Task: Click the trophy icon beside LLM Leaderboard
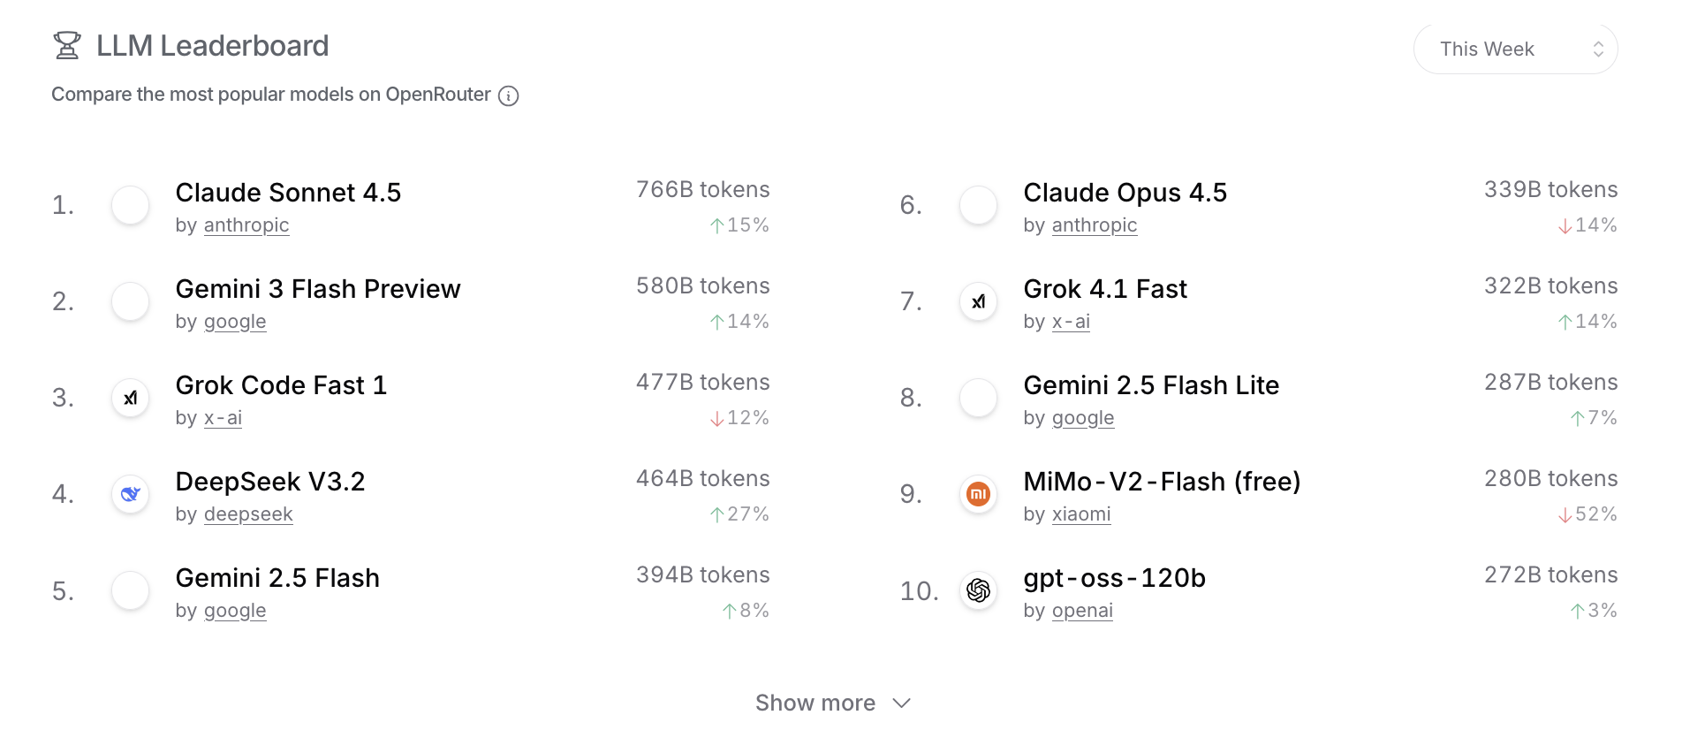67,45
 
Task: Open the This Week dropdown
1515,49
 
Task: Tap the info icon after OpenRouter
508,95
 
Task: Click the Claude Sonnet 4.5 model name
288,193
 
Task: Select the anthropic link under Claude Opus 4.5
1094,225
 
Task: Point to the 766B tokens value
702,190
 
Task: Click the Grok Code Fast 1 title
281,385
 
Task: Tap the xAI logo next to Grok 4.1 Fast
978,301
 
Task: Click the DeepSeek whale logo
130,494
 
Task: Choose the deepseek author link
247,514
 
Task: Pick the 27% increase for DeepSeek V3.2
739,514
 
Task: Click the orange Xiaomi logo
978,494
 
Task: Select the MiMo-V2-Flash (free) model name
1162,482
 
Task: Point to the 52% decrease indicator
1588,514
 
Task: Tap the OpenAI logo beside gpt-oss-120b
978,590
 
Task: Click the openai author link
1082,611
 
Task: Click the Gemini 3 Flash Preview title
318,289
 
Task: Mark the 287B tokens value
1550,383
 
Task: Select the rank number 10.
919,591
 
